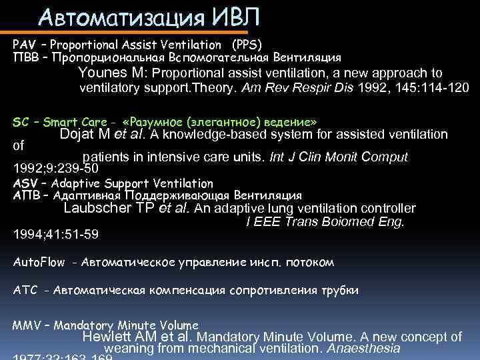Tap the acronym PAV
click(24, 45)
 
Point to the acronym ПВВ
click(24, 58)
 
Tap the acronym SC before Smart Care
click(21, 123)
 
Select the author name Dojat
click(78, 135)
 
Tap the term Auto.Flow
click(39, 262)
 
